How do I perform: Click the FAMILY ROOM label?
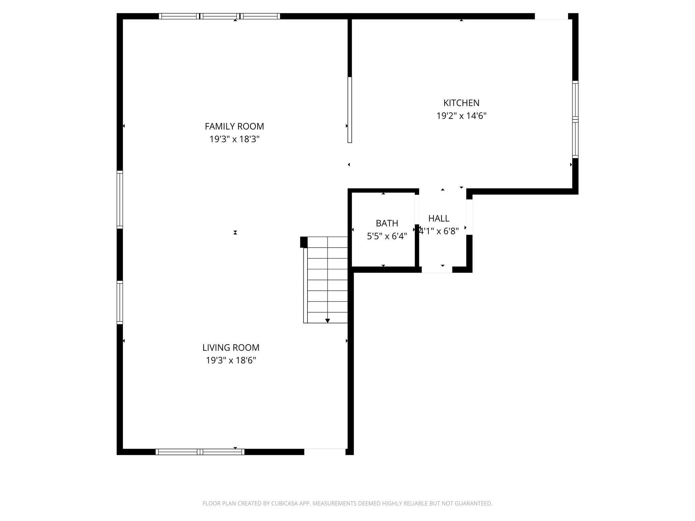[x=234, y=126]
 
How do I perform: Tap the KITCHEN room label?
[x=461, y=103]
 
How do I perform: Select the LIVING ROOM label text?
[x=231, y=347]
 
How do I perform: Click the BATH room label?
[x=387, y=223]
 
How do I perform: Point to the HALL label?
[x=438, y=218]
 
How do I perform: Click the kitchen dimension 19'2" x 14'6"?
[x=461, y=116]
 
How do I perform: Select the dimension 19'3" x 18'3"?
[x=234, y=139]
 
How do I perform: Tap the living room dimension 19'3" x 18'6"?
[x=231, y=360]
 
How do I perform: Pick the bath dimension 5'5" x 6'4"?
[x=387, y=236]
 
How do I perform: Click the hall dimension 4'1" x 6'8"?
[x=439, y=231]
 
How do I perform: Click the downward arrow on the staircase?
[x=327, y=320]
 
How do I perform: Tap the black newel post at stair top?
[x=304, y=242]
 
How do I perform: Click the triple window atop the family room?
[x=219, y=16]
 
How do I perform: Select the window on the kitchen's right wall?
[x=575, y=119]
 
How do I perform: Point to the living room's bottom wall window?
[x=200, y=451]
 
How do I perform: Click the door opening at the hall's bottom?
[x=437, y=270]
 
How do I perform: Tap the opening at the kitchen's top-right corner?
[x=551, y=16]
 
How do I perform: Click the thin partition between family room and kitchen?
[x=350, y=110]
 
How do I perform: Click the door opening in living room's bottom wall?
[x=325, y=451]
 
